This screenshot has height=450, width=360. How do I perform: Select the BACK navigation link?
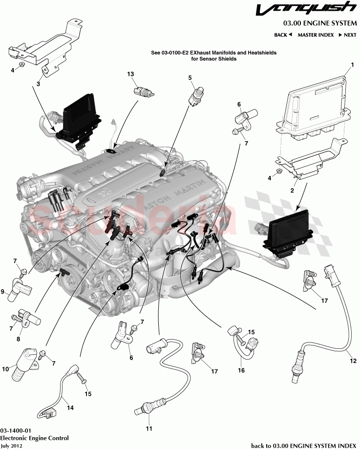283,35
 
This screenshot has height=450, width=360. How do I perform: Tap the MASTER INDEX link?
316,35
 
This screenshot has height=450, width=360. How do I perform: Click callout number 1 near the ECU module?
351,64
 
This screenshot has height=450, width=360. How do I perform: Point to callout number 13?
130,74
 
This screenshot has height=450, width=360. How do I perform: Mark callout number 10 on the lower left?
5,369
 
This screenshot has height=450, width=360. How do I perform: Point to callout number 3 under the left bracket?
38,84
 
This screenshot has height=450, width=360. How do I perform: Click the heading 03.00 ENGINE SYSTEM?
319,23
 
